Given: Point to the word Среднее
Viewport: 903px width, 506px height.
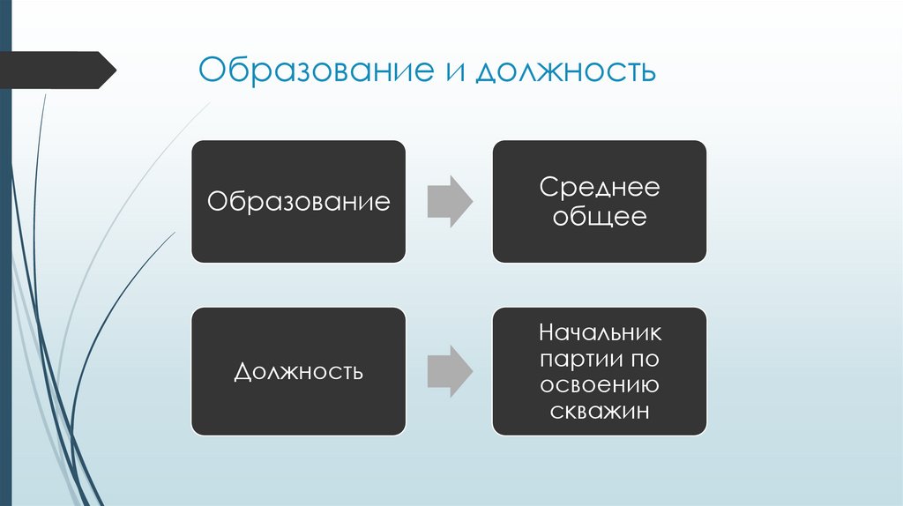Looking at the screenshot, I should [x=599, y=188].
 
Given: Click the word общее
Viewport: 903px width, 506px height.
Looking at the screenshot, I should [x=599, y=217].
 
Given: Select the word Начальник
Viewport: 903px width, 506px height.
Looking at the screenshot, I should [x=600, y=334].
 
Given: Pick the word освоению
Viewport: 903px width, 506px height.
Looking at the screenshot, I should [x=600, y=385].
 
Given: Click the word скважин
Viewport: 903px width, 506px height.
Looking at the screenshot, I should [x=600, y=410].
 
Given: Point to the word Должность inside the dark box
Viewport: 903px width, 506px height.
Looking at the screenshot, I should [x=298, y=371].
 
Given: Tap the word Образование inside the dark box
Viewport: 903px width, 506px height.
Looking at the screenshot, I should [x=298, y=202].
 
